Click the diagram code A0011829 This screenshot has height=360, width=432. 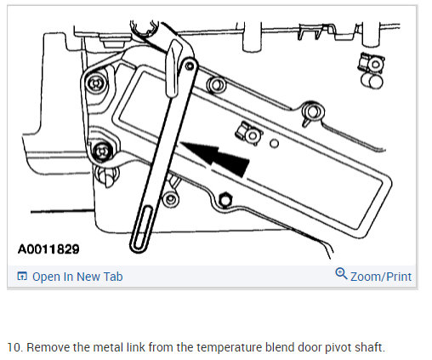coord(48,249)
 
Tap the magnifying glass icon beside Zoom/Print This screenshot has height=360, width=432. coord(341,273)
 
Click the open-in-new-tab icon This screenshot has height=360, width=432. coord(22,276)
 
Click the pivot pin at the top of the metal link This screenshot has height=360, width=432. coord(190,66)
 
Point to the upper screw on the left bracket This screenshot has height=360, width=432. coord(96,83)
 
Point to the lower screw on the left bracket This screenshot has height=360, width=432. coord(102,151)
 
